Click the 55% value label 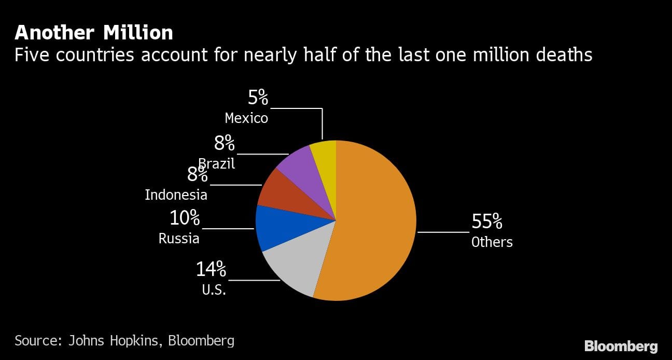point(486,222)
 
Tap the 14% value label point(211,269)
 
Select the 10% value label point(185,218)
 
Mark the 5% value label point(258,98)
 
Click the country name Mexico point(246,118)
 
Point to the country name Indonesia point(176,195)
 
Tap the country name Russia point(179,239)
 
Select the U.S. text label point(214,290)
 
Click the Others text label point(492,242)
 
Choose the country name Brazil point(217,164)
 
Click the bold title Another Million point(94,33)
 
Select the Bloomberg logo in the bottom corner point(621,346)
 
